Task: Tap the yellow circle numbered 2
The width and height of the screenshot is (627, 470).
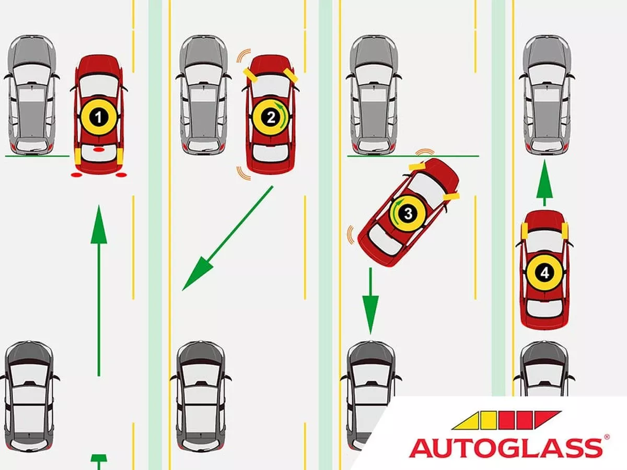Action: (271, 118)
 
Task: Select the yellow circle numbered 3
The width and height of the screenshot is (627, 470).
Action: (408, 213)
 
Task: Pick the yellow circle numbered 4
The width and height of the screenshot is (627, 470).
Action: (544, 272)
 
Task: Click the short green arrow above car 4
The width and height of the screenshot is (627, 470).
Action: (544, 183)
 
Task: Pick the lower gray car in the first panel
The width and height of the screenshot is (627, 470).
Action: (29, 397)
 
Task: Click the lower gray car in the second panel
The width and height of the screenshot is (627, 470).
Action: (201, 397)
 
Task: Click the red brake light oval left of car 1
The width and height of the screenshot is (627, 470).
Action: (77, 174)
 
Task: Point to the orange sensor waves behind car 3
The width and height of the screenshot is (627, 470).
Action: (350, 235)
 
